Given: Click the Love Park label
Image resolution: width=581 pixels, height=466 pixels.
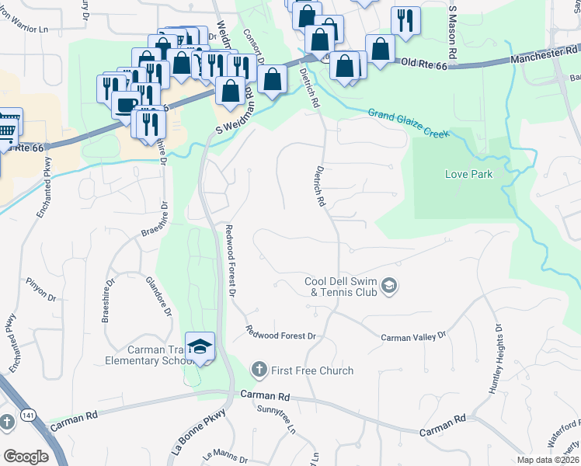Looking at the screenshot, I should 468,174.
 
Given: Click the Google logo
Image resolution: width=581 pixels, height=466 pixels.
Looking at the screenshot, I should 26,457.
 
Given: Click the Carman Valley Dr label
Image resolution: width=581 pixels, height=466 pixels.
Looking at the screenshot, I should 414,337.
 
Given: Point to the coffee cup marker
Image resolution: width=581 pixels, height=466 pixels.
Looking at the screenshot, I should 125,104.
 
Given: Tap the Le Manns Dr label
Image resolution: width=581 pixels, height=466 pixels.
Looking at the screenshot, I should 220,457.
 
